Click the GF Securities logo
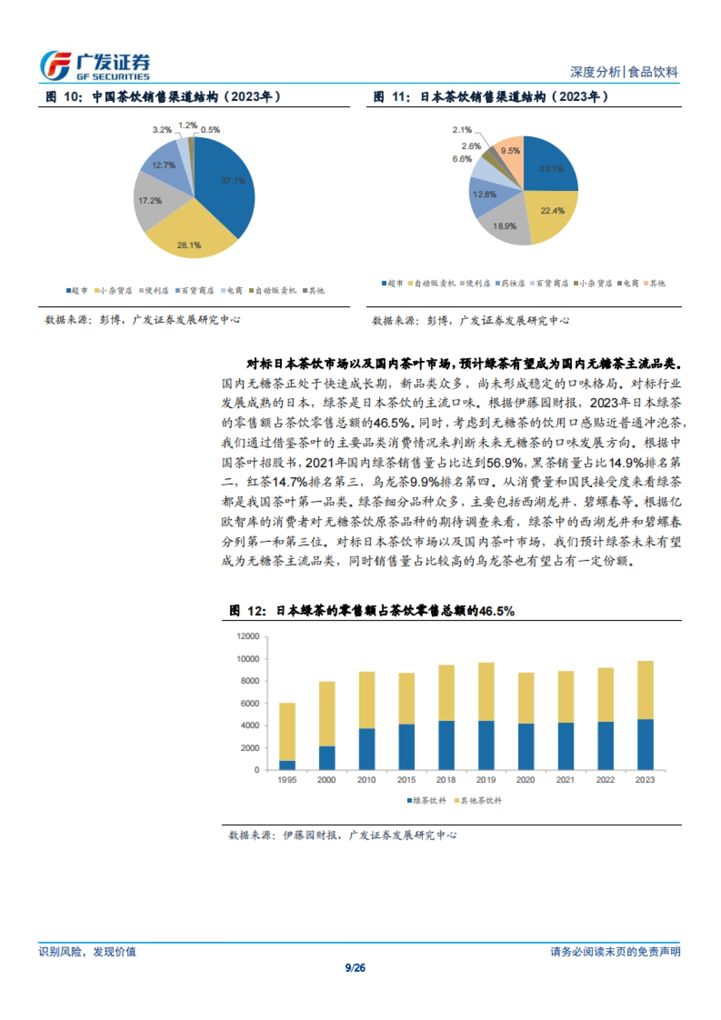(x=95, y=65)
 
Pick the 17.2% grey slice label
(x=150, y=201)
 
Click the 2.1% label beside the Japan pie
(x=462, y=130)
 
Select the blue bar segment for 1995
(x=287, y=765)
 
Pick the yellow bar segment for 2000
(x=327, y=714)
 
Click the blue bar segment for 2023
(x=645, y=744)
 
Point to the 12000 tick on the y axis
(x=248, y=636)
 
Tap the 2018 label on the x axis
(x=446, y=780)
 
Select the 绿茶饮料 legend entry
(x=427, y=801)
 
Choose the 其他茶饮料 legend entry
(x=478, y=801)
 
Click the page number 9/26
(x=355, y=968)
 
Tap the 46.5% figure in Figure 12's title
(x=497, y=611)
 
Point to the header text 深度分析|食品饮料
(x=624, y=72)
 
